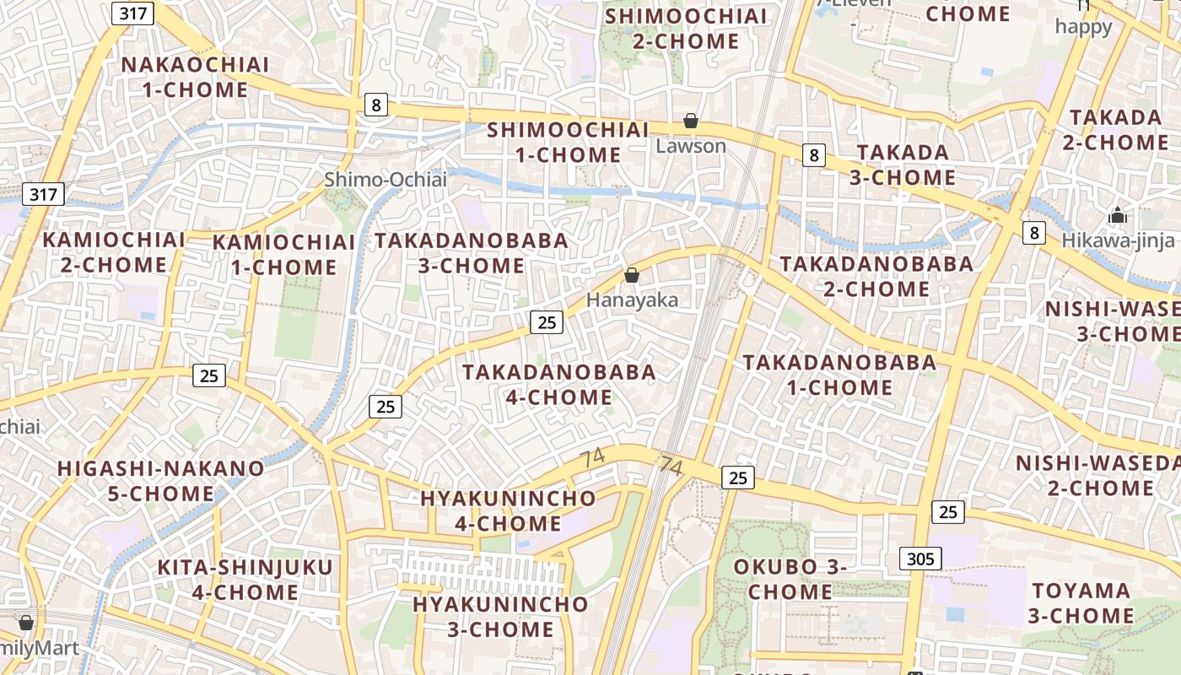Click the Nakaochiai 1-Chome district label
point(195,77)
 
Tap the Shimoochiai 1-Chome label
point(568,142)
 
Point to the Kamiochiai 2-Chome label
point(114,251)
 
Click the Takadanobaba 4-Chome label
point(558,384)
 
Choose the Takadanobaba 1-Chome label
point(839,375)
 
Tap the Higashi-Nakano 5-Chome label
point(160,480)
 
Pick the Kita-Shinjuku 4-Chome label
point(245,579)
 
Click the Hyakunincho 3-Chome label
point(500,617)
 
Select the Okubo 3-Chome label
point(790,579)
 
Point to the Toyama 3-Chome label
point(1081,602)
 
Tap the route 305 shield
point(920,558)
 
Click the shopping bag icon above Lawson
point(691,121)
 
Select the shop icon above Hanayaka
point(631,275)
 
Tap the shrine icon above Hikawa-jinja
point(1118,215)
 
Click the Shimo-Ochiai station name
point(385,179)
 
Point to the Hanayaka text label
point(632,300)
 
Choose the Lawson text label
point(691,146)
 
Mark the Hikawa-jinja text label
point(1112,240)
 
